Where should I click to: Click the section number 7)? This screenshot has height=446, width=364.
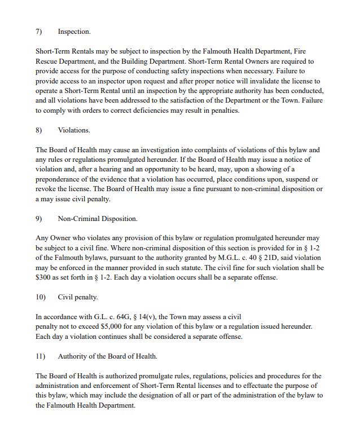(x=39, y=32)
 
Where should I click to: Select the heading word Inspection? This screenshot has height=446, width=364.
(x=74, y=32)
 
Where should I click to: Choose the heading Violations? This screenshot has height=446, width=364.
(x=74, y=130)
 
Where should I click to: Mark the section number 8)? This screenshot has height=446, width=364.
(x=39, y=130)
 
